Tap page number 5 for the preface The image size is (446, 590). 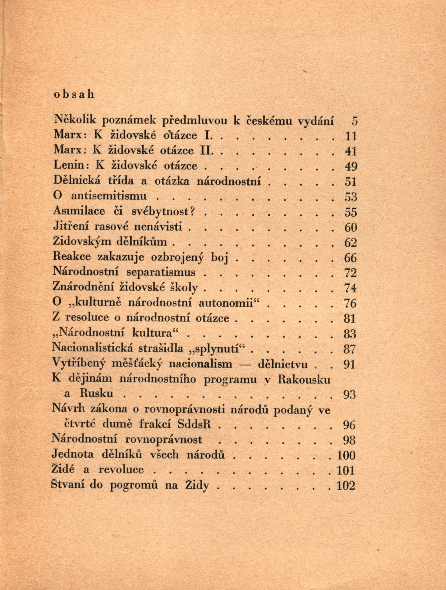pyautogui.click(x=354, y=121)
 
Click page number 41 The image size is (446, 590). pyautogui.click(x=351, y=151)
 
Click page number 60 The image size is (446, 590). pyautogui.click(x=350, y=227)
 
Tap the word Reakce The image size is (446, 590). pyautogui.click(x=72, y=257)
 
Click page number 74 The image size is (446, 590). pyautogui.click(x=350, y=288)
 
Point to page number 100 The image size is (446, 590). pyautogui.click(x=346, y=455)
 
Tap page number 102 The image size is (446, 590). pyautogui.click(x=346, y=486)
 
